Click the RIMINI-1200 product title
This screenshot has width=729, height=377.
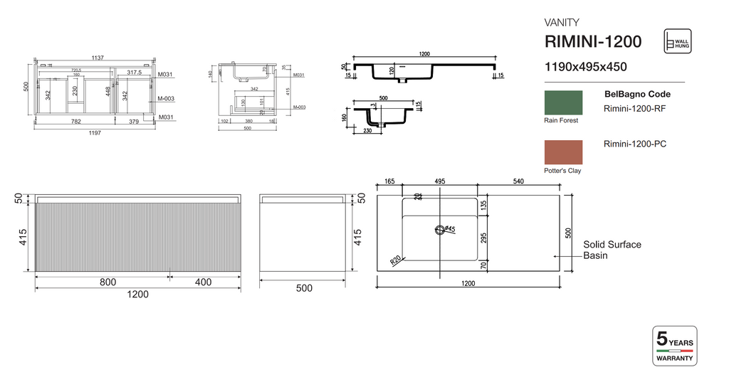point(592,41)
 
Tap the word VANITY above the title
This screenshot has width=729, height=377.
point(562,22)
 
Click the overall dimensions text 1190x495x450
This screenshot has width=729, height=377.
point(585,67)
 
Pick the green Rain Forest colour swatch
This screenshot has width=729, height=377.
point(563,102)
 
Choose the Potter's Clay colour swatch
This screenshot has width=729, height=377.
point(563,152)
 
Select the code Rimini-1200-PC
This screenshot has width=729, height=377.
point(634,144)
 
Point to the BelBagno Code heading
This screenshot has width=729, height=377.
point(637,94)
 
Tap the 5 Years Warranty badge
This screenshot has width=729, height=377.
point(674,346)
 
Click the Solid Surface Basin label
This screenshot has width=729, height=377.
point(612,250)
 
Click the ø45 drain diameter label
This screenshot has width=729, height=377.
point(450,229)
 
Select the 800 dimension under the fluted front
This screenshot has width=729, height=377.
point(108,282)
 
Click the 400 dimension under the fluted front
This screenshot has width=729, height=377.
point(203,282)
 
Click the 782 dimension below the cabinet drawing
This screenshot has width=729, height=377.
point(73,121)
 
